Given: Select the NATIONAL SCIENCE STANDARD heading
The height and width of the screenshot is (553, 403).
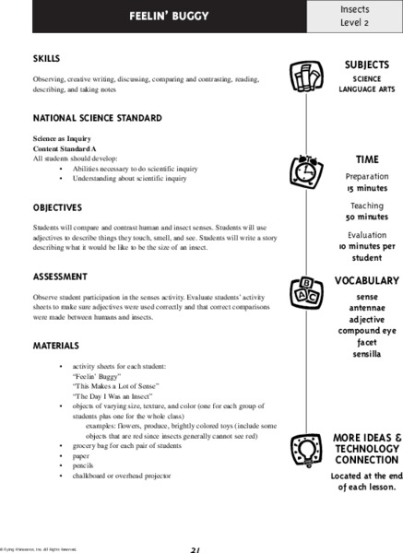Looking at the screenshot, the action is click(x=85, y=118).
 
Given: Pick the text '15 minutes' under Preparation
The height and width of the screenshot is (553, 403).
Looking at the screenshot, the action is click(x=366, y=187).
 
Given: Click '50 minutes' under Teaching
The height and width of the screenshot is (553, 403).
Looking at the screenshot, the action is click(x=366, y=217).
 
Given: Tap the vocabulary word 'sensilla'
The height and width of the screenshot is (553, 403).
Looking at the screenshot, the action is click(x=366, y=353).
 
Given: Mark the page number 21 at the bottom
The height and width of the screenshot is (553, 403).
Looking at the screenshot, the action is click(x=195, y=548).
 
